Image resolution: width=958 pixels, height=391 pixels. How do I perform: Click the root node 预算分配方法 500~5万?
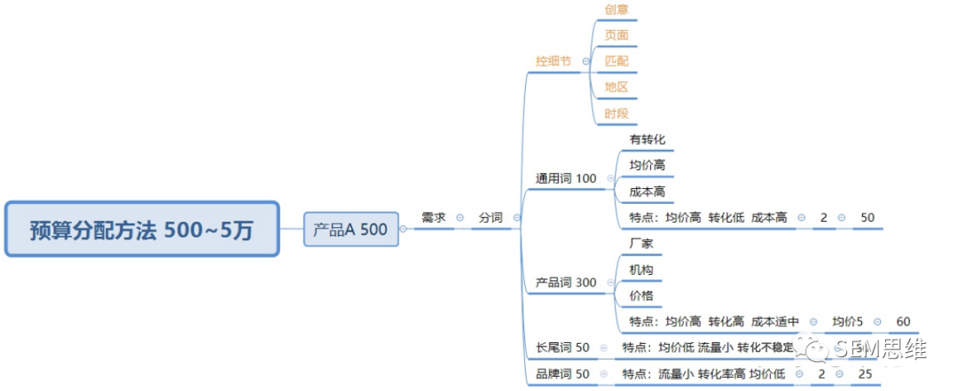click(x=142, y=230)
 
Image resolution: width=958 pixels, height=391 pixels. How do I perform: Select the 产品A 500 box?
click(x=350, y=230)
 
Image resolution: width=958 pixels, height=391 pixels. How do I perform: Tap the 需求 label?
click(x=434, y=217)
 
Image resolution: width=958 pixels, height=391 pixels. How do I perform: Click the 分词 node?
click(x=491, y=217)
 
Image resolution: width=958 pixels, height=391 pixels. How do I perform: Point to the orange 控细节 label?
click(x=554, y=61)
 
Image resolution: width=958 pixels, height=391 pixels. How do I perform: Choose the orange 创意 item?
click(x=617, y=9)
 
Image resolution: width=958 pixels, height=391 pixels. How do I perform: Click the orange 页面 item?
click(x=617, y=35)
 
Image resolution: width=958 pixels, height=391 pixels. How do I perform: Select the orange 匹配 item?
click(x=617, y=61)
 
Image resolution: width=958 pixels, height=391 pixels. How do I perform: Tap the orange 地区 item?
click(x=617, y=87)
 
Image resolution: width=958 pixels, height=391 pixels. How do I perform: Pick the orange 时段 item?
click(x=617, y=113)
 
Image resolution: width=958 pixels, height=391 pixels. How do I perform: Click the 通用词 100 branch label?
click(x=566, y=178)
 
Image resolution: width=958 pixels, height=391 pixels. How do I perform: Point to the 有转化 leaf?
click(x=648, y=139)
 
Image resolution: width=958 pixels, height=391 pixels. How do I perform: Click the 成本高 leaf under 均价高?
click(x=648, y=192)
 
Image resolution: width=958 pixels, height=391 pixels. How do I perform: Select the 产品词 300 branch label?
click(x=566, y=283)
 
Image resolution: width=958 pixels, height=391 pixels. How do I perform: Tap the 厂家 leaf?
click(x=641, y=243)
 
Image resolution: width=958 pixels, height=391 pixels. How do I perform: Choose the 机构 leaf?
click(x=641, y=270)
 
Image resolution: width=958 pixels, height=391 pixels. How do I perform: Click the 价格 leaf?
click(x=641, y=295)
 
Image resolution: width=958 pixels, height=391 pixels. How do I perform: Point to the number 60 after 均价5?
click(x=903, y=322)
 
